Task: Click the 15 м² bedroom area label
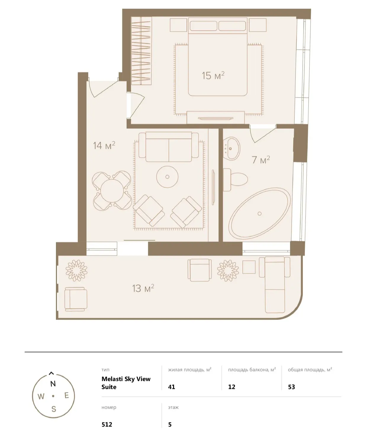pos(213,75)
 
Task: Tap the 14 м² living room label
pos(104,145)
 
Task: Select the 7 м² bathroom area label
pos(260,160)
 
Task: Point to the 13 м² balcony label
pos(143,288)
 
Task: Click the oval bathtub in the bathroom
pos(260,213)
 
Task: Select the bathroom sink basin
pos(232,149)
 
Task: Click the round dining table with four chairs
pos(112,191)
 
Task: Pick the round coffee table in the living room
pos(167,177)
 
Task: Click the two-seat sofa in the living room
pos(169,147)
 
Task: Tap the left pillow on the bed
pos(203,26)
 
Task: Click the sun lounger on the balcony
pos(274,285)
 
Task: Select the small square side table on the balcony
pos(249,267)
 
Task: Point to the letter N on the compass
pos(53,384)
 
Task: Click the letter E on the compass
pos(67,395)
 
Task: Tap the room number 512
pos(107,424)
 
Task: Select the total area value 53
pos(291,387)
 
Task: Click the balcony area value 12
pos(232,387)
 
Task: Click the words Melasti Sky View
pos(126,379)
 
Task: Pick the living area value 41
pos(172,387)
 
